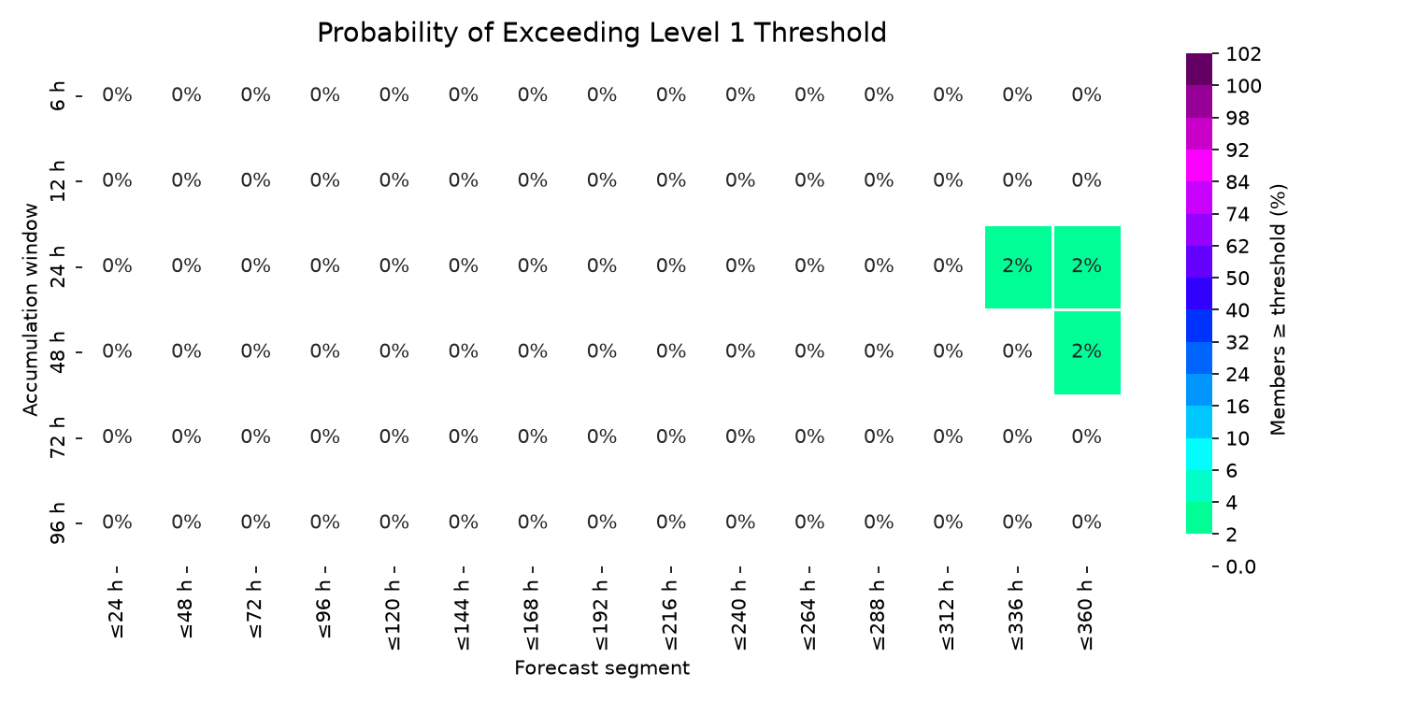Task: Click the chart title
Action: click(x=602, y=33)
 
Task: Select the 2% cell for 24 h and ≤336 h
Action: click(x=1018, y=266)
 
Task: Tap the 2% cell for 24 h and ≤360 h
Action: click(x=1087, y=266)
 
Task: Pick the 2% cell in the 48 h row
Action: click(x=1087, y=351)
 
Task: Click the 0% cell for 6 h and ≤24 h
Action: click(x=117, y=95)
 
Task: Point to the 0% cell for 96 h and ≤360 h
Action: click(x=1086, y=522)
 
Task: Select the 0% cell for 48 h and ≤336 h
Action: click(x=1017, y=351)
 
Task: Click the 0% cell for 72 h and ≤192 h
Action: click(x=602, y=436)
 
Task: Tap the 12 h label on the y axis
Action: click(x=57, y=181)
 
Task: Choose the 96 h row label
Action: click(x=57, y=522)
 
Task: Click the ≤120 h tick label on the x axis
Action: click(x=394, y=615)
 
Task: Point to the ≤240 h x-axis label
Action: click(x=740, y=615)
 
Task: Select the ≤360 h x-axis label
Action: click(x=1087, y=615)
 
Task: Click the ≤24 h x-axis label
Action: click(x=117, y=609)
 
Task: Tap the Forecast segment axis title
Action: click(x=602, y=668)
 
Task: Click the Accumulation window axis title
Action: click(x=30, y=309)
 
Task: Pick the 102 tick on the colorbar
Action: click(x=1244, y=54)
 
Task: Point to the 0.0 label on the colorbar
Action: click(x=1241, y=567)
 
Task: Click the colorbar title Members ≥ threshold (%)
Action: click(x=1278, y=309)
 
